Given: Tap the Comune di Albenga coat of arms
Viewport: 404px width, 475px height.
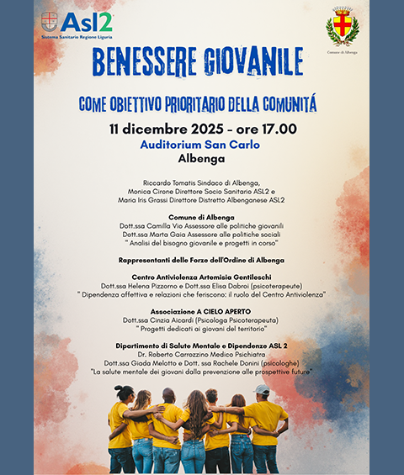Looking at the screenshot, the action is [x=342, y=29].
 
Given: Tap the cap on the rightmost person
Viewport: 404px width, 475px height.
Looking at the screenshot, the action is [x=262, y=390].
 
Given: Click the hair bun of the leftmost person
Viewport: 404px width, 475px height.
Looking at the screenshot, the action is [x=120, y=389].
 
